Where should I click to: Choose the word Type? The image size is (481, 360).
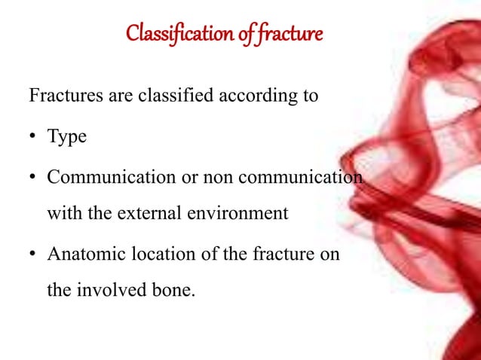67,137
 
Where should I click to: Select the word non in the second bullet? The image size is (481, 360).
205,177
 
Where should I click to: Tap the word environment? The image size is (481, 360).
234,212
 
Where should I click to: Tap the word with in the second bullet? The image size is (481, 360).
60,212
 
